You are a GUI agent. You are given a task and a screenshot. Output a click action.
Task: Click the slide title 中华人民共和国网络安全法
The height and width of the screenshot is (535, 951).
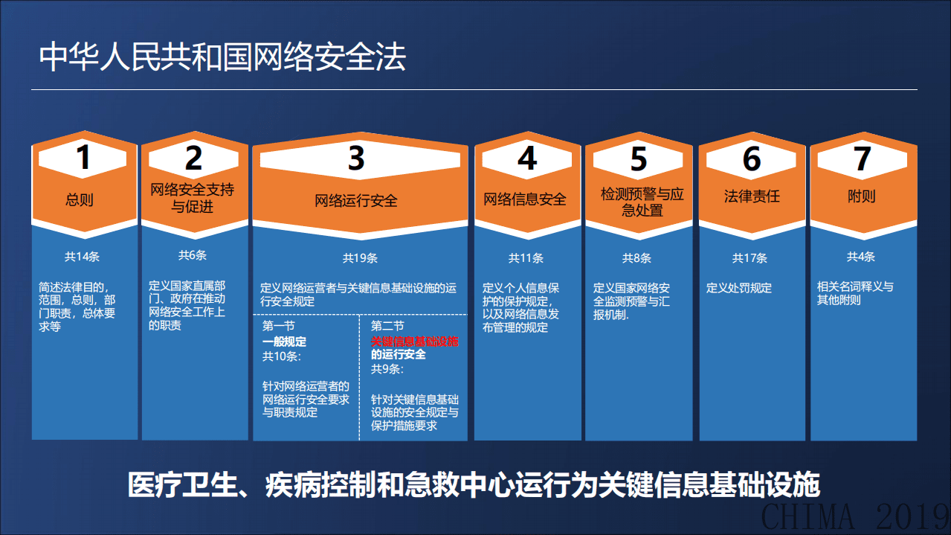222,58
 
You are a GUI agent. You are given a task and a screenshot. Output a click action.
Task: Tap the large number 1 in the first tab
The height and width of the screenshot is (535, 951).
84,158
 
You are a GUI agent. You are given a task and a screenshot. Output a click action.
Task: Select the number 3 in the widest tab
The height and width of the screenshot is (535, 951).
357,158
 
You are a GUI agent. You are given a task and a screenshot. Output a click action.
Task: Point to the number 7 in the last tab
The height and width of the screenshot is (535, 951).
862,158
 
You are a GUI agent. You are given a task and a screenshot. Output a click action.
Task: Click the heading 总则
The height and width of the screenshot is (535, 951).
80,199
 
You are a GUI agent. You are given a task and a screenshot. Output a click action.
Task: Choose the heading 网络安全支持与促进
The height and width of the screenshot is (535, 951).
193,198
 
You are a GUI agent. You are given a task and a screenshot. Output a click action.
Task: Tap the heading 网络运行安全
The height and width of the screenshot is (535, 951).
356,200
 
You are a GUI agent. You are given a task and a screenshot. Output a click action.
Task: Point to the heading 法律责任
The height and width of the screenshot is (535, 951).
752,196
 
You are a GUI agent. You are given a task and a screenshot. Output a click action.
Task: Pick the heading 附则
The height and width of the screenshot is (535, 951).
861,196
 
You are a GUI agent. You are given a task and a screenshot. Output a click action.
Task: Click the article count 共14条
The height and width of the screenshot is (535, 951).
82,257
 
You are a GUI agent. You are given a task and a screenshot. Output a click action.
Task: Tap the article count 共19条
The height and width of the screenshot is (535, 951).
360,258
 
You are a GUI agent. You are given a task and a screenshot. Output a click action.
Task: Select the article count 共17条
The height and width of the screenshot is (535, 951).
749,258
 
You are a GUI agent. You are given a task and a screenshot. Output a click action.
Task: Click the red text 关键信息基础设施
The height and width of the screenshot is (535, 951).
415,341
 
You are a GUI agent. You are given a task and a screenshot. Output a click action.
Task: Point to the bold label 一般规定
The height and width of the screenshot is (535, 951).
284,342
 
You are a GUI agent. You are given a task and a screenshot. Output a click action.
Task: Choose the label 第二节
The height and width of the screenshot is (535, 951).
387,327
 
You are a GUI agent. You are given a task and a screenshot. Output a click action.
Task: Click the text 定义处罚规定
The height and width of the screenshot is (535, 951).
739,288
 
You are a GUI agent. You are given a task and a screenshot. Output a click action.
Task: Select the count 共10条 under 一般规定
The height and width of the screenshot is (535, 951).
281,356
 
